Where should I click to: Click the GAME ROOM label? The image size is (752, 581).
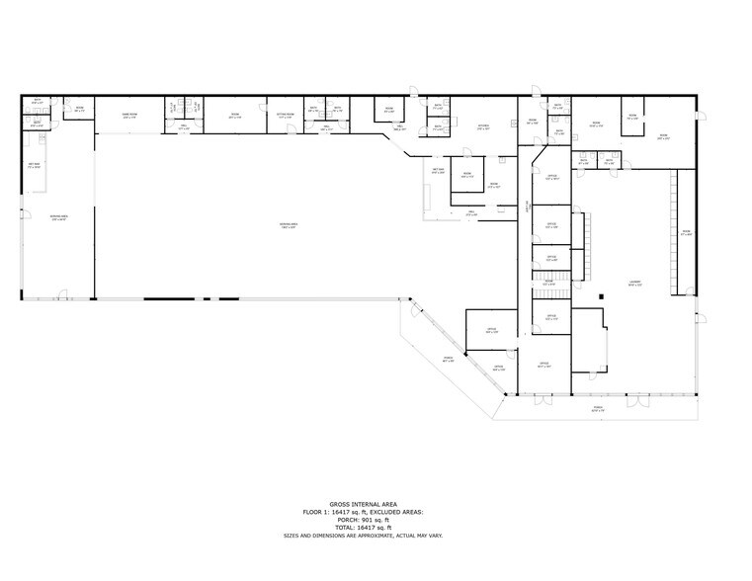pos(127,114)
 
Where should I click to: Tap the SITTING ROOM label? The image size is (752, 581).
pos(285,115)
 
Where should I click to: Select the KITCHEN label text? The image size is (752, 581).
pos(484,125)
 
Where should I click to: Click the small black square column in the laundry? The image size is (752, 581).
pos(602,296)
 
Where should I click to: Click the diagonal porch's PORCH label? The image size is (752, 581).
pos(448,360)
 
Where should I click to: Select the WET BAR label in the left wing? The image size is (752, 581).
pos(34,164)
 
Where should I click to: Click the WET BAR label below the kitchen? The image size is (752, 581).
pos(438,170)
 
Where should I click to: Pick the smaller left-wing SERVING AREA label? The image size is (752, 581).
pos(58,217)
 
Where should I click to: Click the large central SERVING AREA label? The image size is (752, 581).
pos(289,225)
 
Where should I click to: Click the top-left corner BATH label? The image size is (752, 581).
pos(37,100)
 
